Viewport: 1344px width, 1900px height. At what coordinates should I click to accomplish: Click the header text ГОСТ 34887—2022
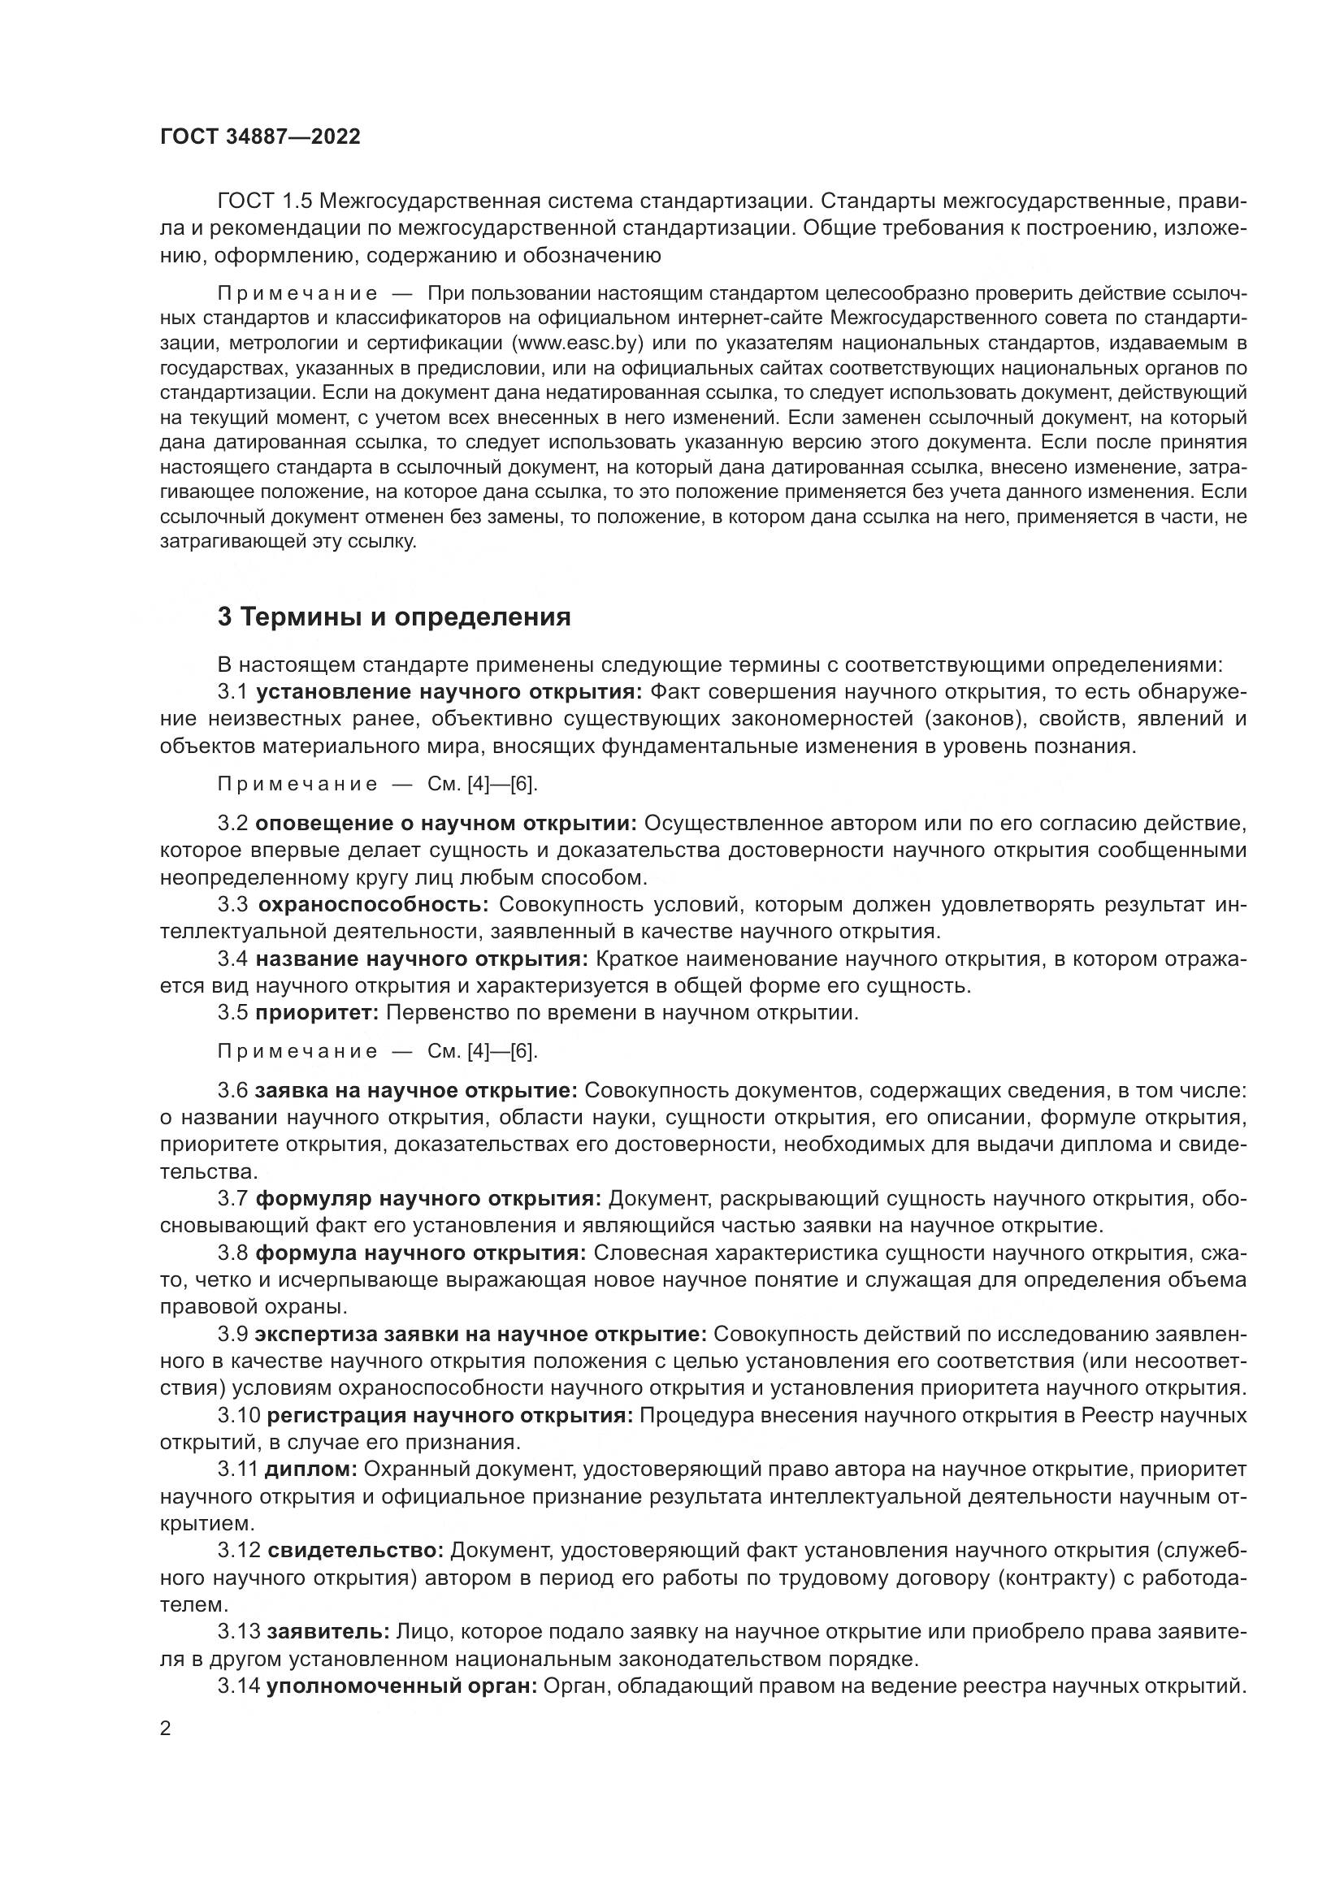[260, 137]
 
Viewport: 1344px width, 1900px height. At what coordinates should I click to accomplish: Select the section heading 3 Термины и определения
[394, 617]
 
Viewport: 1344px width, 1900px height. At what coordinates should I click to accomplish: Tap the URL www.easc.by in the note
[579, 343]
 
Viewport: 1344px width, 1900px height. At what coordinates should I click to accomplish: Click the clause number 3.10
[238, 1416]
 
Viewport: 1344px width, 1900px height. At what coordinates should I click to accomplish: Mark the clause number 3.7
[232, 1199]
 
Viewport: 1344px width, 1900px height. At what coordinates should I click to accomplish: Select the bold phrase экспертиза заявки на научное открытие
[481, 1335]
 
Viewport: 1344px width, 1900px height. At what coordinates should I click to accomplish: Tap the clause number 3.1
[232, 692]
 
